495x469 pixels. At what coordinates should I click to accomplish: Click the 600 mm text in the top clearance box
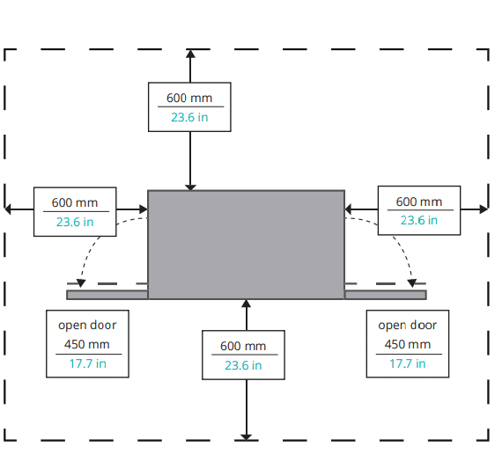(x=189, y=98)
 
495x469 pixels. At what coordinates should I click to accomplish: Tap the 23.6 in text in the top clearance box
(x=189, y=117)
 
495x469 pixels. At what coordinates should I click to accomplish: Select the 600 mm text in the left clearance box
(x=75, y=202)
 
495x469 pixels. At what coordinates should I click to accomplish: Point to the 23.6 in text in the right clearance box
(x=419, y=220)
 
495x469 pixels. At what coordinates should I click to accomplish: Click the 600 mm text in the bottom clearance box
(x=243, y=346)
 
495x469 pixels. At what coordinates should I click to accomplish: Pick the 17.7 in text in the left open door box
(x=87, y=363)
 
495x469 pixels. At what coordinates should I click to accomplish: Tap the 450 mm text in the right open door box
(x=408, y=344)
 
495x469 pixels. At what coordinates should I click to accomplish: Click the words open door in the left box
(x=87, y=326)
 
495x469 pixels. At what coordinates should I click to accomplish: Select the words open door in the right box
(x=408, y=326)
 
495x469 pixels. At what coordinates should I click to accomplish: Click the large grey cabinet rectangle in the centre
(x=247, y=245)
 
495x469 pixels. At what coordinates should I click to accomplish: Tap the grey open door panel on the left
(x=107, y=295)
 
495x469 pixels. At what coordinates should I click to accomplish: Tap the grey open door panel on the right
(x=386, y=295)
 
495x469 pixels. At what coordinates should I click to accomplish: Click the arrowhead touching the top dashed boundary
(x=190, y=54)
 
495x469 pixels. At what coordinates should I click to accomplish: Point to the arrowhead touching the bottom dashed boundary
(x=247, y=436)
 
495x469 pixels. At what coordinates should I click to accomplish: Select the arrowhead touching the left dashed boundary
(x=8, y=209)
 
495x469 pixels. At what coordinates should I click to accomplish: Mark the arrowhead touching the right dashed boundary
(x=484, y=209)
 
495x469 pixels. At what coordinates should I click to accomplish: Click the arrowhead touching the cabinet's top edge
(x=190, y=187)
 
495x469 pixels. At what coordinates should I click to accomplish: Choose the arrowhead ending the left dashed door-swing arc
(x=81, y=283)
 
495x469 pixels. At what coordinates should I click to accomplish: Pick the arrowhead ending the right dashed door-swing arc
(x=412, y=283)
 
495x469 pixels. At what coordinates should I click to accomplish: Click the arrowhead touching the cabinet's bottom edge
(x=247, y=304)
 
